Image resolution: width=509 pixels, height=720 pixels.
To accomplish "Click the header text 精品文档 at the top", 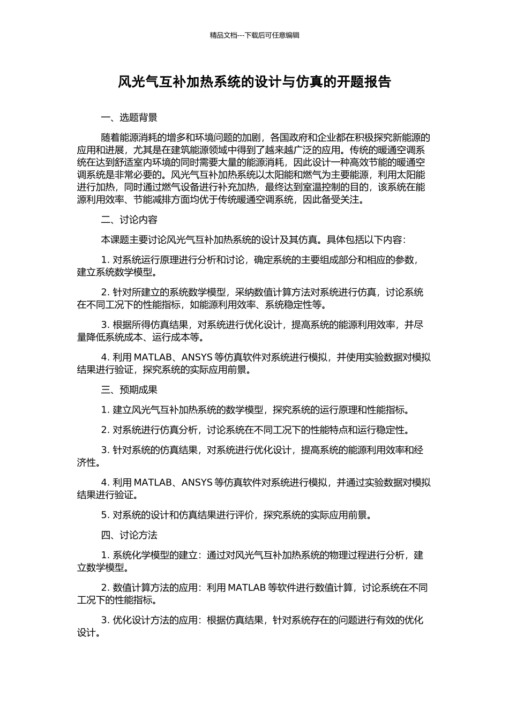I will tap(223, 35).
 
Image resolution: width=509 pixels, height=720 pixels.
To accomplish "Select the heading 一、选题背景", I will tap(129, 118).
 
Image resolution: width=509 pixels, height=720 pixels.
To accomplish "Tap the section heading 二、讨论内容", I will tap(129, 220).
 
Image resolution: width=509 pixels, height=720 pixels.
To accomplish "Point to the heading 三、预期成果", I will tap(129, 390).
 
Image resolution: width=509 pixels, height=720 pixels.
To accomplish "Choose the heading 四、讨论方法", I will tap(129, 535).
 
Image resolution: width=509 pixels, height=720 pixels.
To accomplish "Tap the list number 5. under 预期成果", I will tap(105, 515).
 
